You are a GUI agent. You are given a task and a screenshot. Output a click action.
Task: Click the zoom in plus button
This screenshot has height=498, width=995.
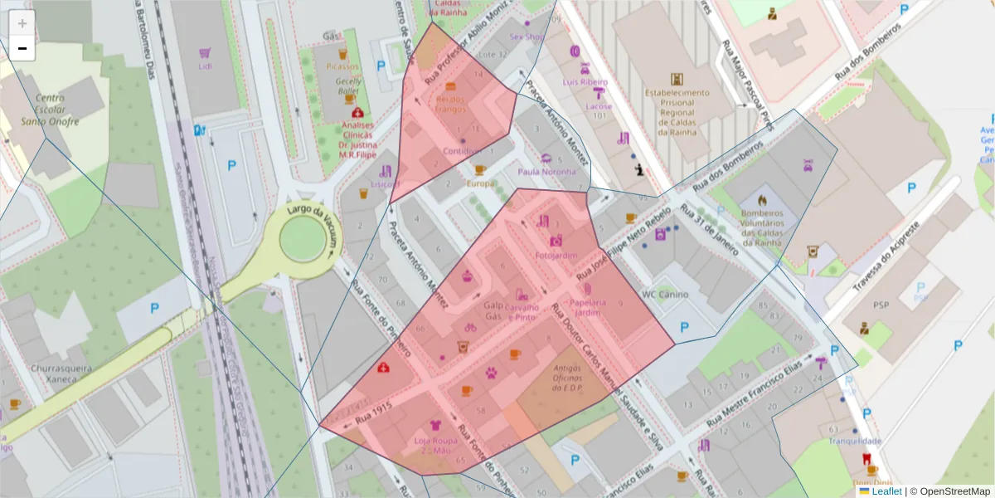point(22,23)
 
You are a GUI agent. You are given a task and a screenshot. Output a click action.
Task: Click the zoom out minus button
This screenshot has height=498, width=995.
point(22,48)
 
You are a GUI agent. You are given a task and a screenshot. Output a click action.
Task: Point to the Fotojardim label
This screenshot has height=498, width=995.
point(556,256)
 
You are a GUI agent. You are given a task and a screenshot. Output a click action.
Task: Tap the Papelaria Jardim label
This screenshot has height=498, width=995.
point(585,307)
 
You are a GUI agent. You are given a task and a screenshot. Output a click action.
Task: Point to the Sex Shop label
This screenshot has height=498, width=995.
point(526,37)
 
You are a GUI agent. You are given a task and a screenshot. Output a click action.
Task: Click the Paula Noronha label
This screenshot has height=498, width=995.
point(546,172)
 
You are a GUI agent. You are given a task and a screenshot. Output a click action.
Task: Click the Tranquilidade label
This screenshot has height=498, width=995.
point(855,442)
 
